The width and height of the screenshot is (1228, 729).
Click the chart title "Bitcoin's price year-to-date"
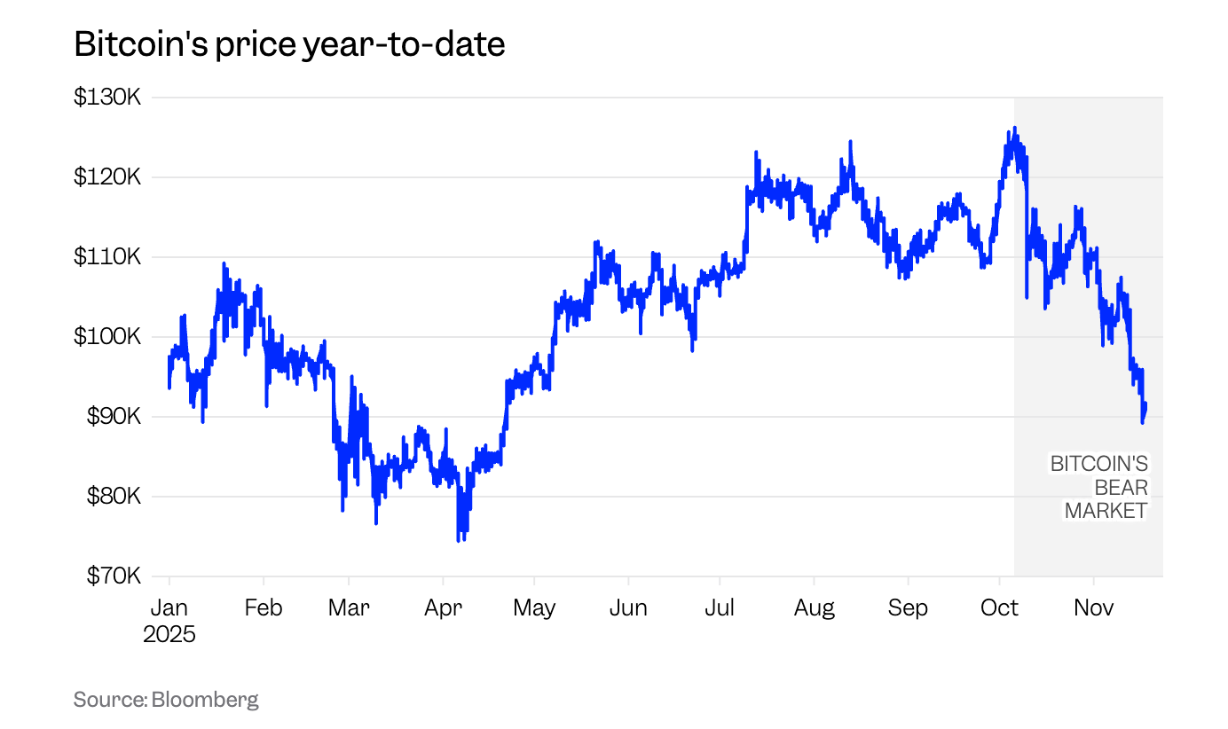pos(289,43)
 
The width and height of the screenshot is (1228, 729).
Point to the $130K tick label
pos(106,97)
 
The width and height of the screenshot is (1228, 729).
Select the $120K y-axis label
pos(106,176)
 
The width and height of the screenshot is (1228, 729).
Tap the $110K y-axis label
pos(106,256)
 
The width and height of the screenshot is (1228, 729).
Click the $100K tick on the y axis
pos(106,336)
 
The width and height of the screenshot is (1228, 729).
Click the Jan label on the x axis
pos(169,607)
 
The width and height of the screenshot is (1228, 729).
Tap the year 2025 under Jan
pos(169,634)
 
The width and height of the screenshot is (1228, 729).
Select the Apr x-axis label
pos(443,607)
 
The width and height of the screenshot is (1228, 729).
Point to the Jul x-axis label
pos(720,607)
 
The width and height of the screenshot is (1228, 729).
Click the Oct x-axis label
pos(1000,607)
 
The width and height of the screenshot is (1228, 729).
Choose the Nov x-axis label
pos(1093,607)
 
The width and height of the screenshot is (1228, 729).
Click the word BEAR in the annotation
pos(1121,487)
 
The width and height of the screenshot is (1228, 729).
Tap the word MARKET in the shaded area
pos(1106,511)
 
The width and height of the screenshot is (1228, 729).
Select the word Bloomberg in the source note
pos(205,699)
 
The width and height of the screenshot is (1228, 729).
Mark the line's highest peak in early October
pos(1015,128)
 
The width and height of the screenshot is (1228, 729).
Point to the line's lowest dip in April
pos(459,540)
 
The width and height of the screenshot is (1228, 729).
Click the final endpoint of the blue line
pos(1145,406)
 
